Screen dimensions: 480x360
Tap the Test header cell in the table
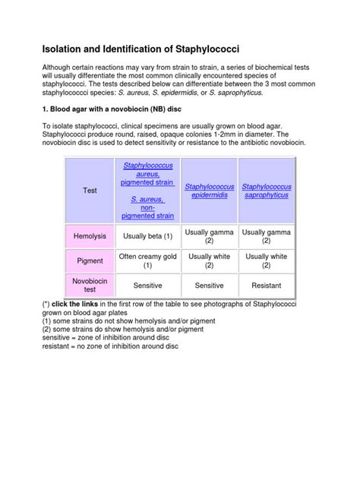pos(90,190)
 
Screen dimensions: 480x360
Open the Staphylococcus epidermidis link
pos(210,191)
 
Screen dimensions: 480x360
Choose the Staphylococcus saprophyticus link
pos(266,191)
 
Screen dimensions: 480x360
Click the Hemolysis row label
pos(90,236)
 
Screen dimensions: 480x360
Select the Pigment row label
pos(90,261)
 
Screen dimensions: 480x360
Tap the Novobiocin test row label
pos(90,285)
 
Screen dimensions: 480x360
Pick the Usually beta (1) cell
pos(148,236)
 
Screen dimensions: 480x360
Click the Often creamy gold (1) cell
pos(148,261)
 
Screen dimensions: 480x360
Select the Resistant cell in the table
pos(266,285)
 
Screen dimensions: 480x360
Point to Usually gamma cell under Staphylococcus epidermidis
pos(210,236)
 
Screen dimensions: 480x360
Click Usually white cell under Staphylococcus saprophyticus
pos(266,261)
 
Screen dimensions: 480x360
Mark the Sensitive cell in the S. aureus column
pos(148,285)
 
